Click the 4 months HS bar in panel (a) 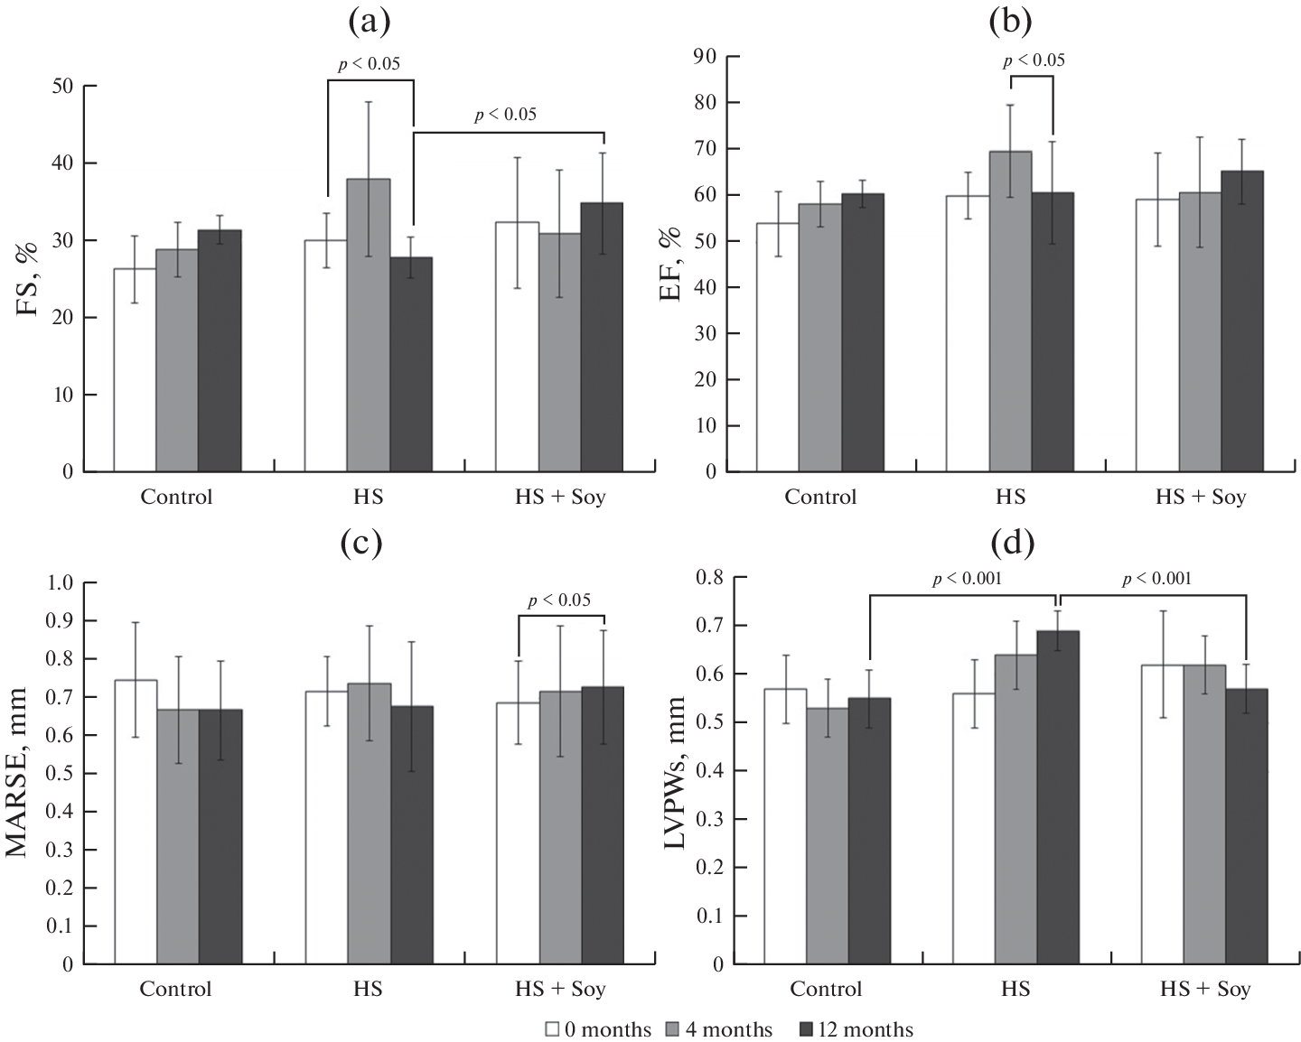(x=369, y=325)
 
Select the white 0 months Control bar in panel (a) (x=135, y=370)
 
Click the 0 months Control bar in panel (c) (x=136, y=822)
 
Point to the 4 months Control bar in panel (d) (x=828, y=835)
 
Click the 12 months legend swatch (x=807, y=1028)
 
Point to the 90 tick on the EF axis (x=704, y=57)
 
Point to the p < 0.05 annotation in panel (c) (x=559, y=600)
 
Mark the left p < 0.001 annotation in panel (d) (x=967, y=579)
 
